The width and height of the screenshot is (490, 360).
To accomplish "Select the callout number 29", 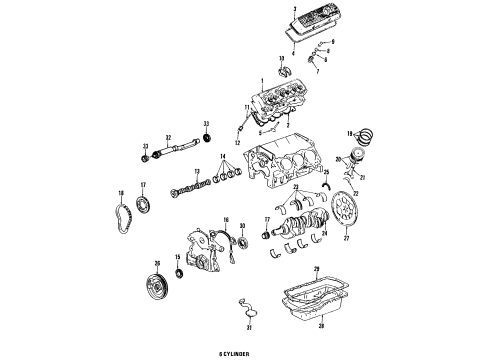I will pyautogui.click(x=317, y=269).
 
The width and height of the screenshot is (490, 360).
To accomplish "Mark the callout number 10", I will pyautogui.click(x=253, y=61).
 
